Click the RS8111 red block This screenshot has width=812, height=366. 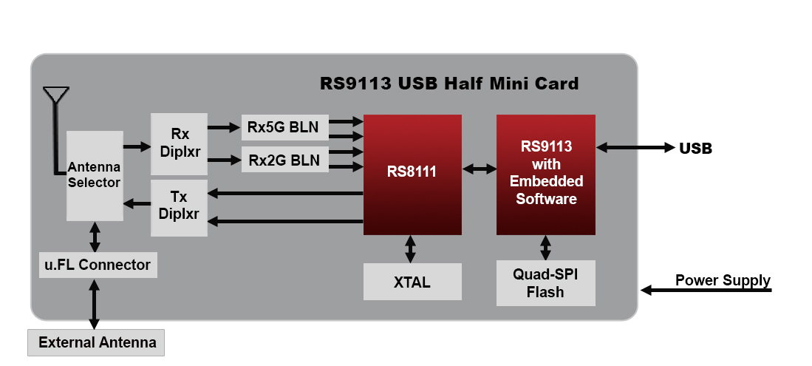412,174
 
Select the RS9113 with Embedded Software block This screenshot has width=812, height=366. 545,174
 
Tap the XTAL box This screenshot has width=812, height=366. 412,282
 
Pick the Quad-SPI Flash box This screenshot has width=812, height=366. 545,283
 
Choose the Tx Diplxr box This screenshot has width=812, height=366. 179,208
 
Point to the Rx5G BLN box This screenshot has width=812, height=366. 284,127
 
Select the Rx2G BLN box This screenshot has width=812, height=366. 284,160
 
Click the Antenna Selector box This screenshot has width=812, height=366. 95,175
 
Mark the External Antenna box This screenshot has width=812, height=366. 97,342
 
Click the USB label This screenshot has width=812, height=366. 695,148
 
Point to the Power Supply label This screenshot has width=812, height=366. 723,280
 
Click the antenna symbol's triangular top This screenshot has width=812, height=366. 55,95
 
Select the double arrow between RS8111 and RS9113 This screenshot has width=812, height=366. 479,169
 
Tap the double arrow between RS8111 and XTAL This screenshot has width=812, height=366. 411,249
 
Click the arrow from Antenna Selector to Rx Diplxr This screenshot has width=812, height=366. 137,146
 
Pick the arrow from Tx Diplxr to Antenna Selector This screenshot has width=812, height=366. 137,203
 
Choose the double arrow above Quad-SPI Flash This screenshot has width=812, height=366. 545,248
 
